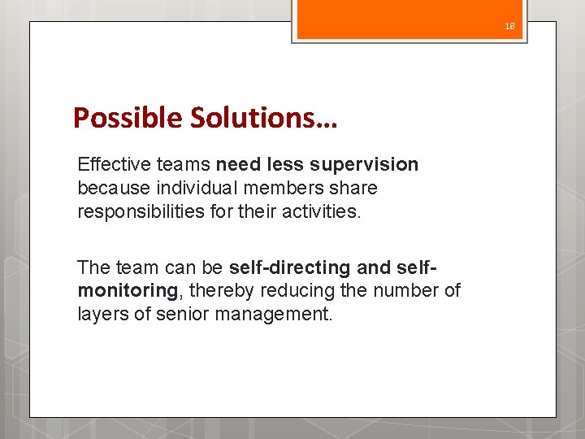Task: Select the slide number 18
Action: pos(509,26)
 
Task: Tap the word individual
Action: pos(188,189)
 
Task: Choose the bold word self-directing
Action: pos(279,267)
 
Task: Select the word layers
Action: pos(101,314)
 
